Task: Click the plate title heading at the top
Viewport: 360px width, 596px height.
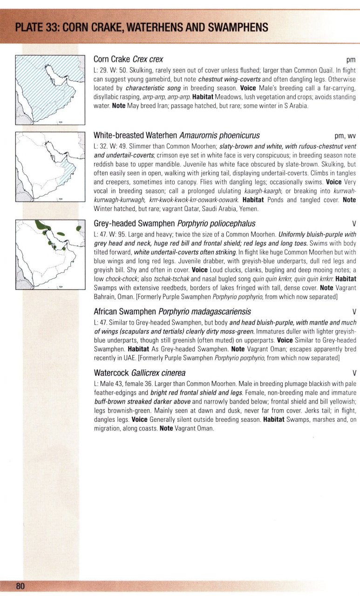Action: click(142, 27)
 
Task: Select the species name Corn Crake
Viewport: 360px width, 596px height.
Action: click(112, 60)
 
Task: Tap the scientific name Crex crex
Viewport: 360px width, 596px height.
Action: click(148, 60)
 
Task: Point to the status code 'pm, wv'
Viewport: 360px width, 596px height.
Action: click(345, 136)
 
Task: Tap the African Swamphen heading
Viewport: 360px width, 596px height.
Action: click(125, 312)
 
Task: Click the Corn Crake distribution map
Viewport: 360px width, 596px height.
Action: click(50, 89)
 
